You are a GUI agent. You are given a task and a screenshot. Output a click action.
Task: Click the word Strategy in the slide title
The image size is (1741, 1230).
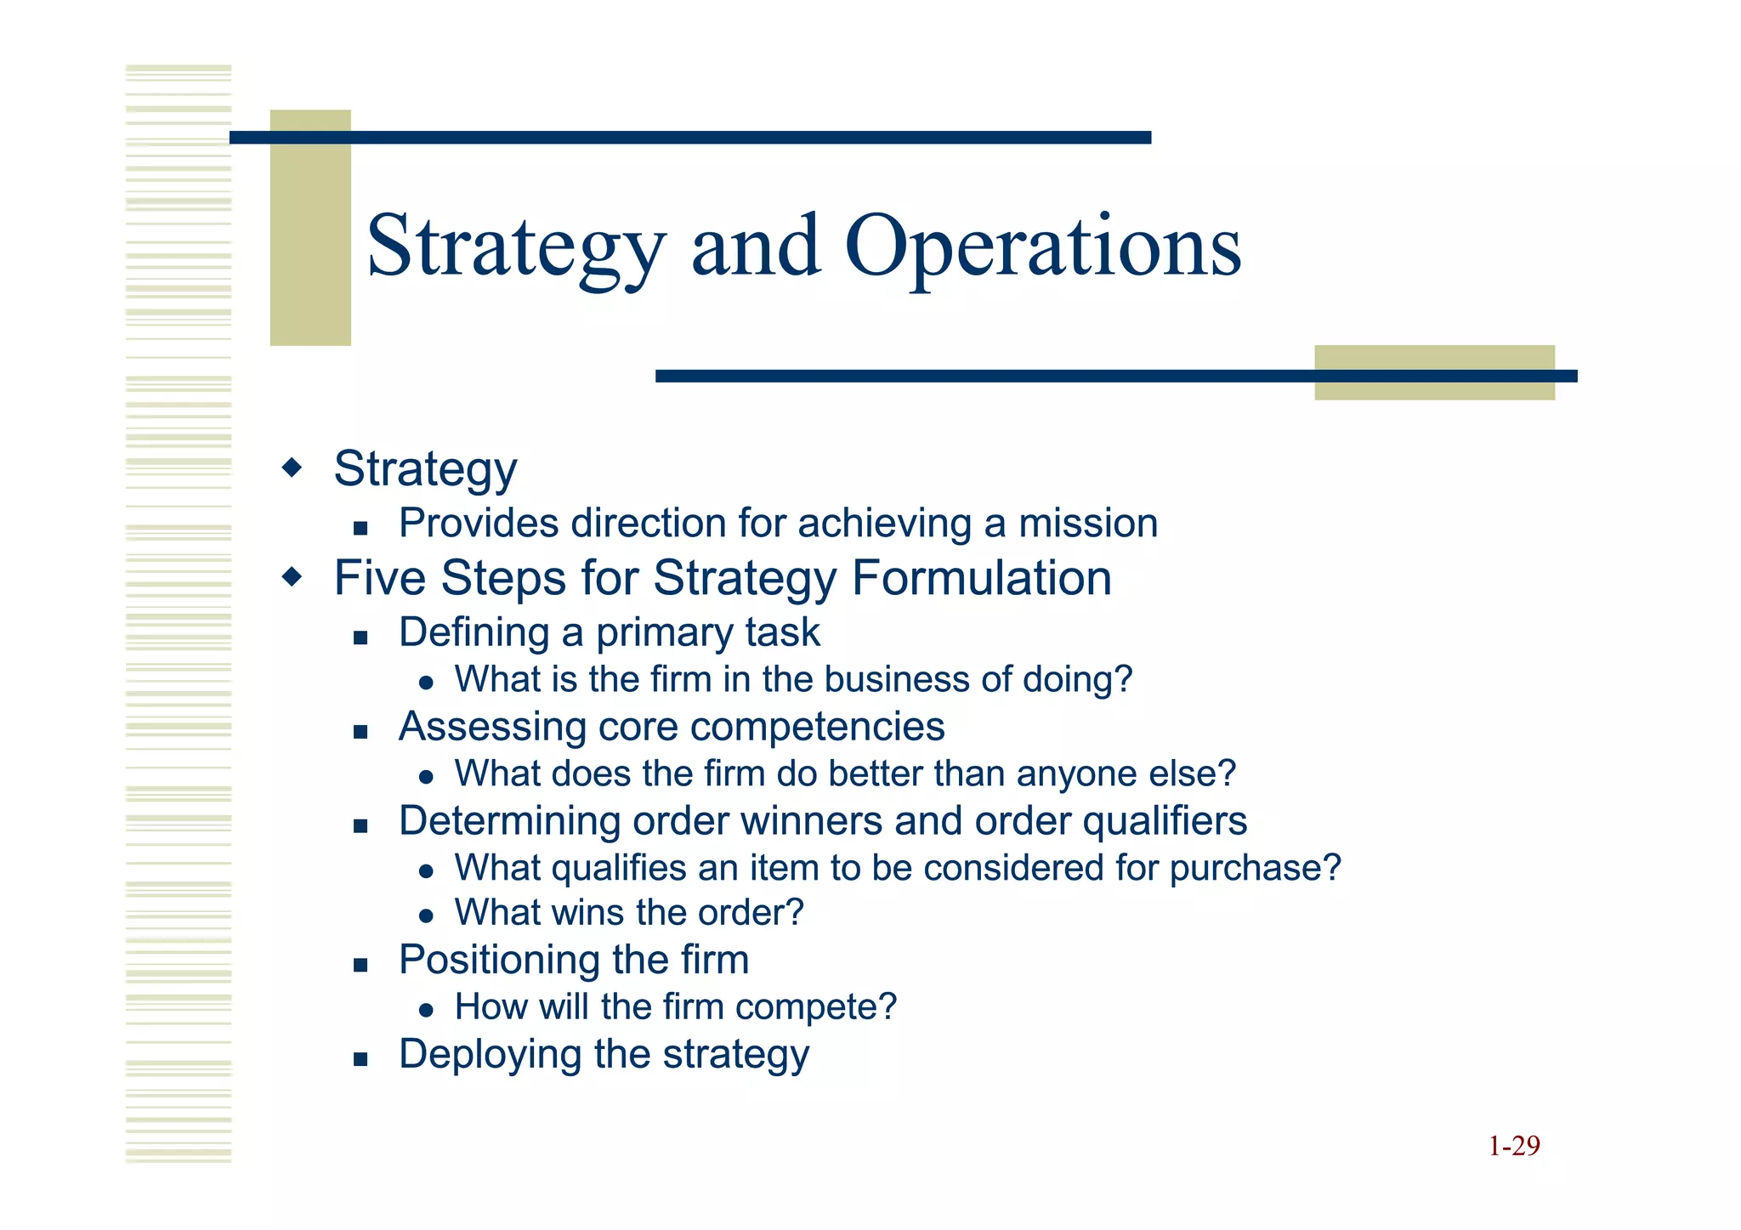pyautogui.click(x=515, y=247)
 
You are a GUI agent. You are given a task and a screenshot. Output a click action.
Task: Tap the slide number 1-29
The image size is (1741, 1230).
pyautogui.click(x=1514, y=1146)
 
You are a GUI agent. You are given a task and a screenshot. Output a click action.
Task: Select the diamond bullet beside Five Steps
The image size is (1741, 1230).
pyautogui.click(x=292, y=578)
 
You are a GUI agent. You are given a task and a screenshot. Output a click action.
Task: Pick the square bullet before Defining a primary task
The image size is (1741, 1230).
pyautogui.click(x=360, y=638)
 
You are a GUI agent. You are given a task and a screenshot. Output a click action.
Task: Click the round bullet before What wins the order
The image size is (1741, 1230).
pyautogui.click(x=427, y=916)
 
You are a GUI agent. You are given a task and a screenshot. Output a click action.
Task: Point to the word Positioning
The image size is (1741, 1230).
pyautogui.click(x=493, y=961)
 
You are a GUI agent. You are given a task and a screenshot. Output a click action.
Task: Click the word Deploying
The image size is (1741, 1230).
pyautogui.click(x=490, y=1055)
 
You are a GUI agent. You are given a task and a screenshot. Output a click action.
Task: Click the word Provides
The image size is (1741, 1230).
pyautogui.click(x=479, y=523)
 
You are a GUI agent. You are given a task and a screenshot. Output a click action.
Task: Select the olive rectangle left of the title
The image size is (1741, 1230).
pyautogui.click(x=310, y=227)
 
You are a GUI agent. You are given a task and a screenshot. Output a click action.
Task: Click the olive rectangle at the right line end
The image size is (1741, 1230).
pyautogui.click(x=1434, y=372)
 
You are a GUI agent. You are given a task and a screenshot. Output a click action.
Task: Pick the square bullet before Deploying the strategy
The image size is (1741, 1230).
pyautogui.click(x=360, y=1059)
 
